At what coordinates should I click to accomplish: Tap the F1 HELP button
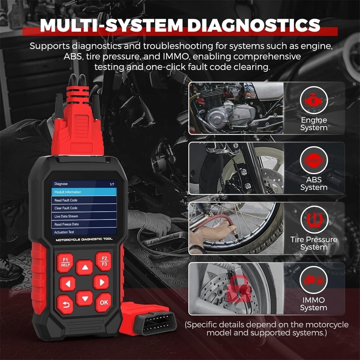pos(65,262)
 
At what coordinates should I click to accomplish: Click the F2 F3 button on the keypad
pos(103,261)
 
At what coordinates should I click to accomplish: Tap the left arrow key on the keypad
pos(67,284)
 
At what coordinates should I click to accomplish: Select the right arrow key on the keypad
pos(101,282)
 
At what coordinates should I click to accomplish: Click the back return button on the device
pos(65,304)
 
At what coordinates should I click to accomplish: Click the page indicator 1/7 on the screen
pos(112,184)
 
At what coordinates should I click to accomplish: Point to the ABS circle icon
pos(314,161)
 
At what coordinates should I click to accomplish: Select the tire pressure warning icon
pos(314,221)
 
